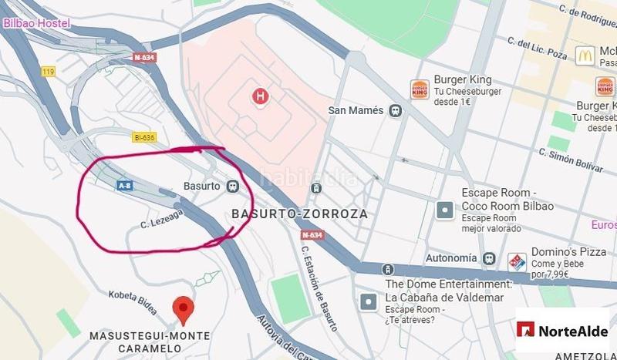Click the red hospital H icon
[261, 96]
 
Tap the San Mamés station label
[356, 110]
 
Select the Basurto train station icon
[232, 186]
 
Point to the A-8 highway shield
[124, 186]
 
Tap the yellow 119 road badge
[49, 71]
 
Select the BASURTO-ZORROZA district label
[299, 214]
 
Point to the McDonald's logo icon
[585, 55]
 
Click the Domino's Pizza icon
[517, 262]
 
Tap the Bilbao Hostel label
[36, 23]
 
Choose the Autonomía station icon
[488, 257]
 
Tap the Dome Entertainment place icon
[369, 301]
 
